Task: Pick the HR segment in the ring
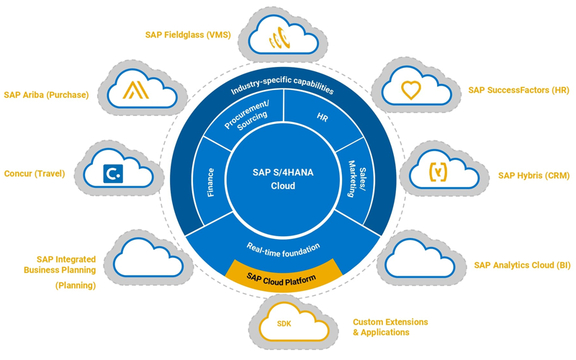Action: coord(322,117)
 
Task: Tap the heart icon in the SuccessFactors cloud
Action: coord(410,91)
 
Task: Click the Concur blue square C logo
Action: coord(112,174)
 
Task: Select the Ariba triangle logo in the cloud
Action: coord(135,90)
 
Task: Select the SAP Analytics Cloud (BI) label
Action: coord(522,265)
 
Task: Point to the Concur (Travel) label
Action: coord(35,174)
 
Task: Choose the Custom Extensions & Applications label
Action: coord(390,327)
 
